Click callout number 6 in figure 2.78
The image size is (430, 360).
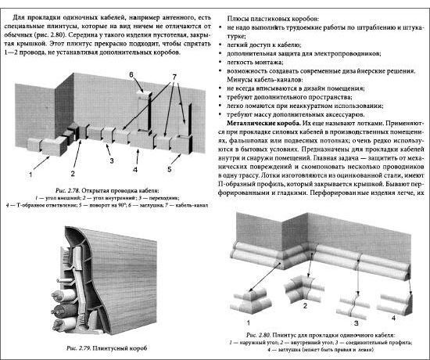131,74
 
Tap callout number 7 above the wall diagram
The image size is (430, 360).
174,77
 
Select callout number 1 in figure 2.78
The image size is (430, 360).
30,175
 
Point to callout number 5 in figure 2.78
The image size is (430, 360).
170,169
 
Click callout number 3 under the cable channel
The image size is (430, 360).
112,161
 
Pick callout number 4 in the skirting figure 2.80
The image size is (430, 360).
393,318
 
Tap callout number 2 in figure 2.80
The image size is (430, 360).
305,306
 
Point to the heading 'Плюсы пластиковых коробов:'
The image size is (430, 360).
273,19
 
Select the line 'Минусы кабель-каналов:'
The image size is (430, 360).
265,80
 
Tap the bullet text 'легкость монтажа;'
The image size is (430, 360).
255,63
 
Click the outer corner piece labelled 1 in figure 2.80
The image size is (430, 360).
251,302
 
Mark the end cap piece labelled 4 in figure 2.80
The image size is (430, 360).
395,304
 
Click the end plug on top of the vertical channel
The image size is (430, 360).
145,95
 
